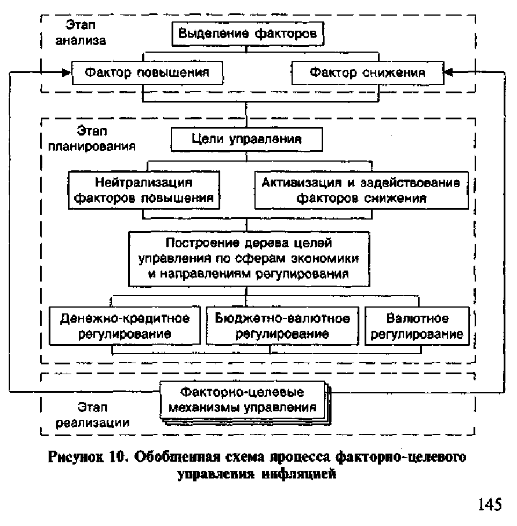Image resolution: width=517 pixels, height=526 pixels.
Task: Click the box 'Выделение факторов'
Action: point(247,34)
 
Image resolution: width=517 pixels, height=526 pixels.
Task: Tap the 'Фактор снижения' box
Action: point(366,73)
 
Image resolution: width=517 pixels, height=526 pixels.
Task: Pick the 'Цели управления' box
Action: point(246,139)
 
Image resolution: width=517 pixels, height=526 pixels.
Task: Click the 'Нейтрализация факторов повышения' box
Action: point(145,190)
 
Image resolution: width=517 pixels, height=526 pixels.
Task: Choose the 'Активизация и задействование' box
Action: point(361,190)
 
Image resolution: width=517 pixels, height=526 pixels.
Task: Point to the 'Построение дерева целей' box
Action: point(249,258)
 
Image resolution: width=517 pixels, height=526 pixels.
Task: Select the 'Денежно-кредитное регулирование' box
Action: point(125,326)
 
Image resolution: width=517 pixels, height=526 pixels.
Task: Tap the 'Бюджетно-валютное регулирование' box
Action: point(282,326)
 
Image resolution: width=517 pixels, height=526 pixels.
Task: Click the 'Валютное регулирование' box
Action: point(417,326)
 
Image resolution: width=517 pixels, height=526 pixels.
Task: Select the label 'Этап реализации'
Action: point(93,415)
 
